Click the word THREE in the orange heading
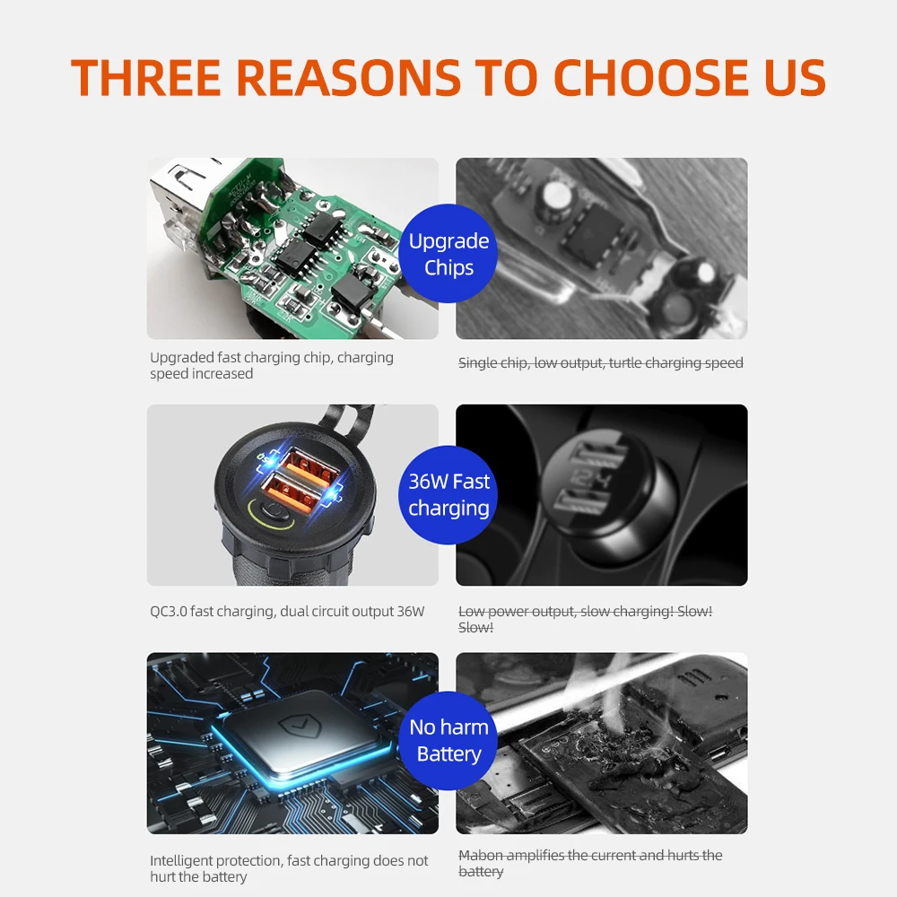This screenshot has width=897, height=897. coord(146,76)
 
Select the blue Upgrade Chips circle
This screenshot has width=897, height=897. coord(448,254)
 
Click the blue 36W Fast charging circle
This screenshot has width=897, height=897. coord(448,495)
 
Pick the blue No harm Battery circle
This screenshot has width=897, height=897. coord(448,741)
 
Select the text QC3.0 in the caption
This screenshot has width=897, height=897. coord(169,612)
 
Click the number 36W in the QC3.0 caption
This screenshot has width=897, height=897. coord(411,612)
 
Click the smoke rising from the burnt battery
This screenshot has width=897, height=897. coord(601,692)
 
